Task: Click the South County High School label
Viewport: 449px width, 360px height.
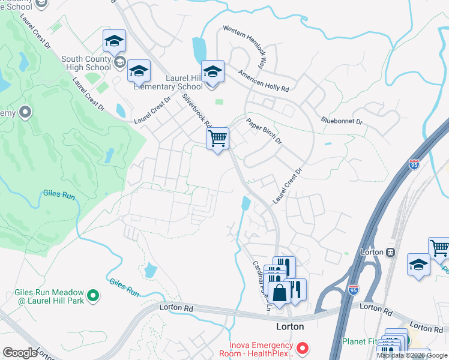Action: coord(86,63)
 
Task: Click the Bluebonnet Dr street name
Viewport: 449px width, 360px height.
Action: coord(342,121)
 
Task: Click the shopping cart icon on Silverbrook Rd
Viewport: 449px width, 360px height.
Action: coord(217,139)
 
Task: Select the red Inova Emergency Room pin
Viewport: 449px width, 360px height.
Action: coord(304,347)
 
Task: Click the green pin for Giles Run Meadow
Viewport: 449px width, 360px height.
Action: coord(93,295)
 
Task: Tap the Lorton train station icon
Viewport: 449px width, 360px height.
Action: coord(390,252)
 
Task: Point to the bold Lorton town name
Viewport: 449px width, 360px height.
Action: coord(289,326)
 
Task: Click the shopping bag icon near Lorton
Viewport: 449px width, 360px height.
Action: coord(280,293)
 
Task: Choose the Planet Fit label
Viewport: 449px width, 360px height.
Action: coord(360,341)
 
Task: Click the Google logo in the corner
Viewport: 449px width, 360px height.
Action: coord(20,353)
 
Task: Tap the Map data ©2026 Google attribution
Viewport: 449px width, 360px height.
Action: coord(412,355)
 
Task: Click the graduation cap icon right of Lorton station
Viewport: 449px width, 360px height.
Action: coord(418,265)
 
